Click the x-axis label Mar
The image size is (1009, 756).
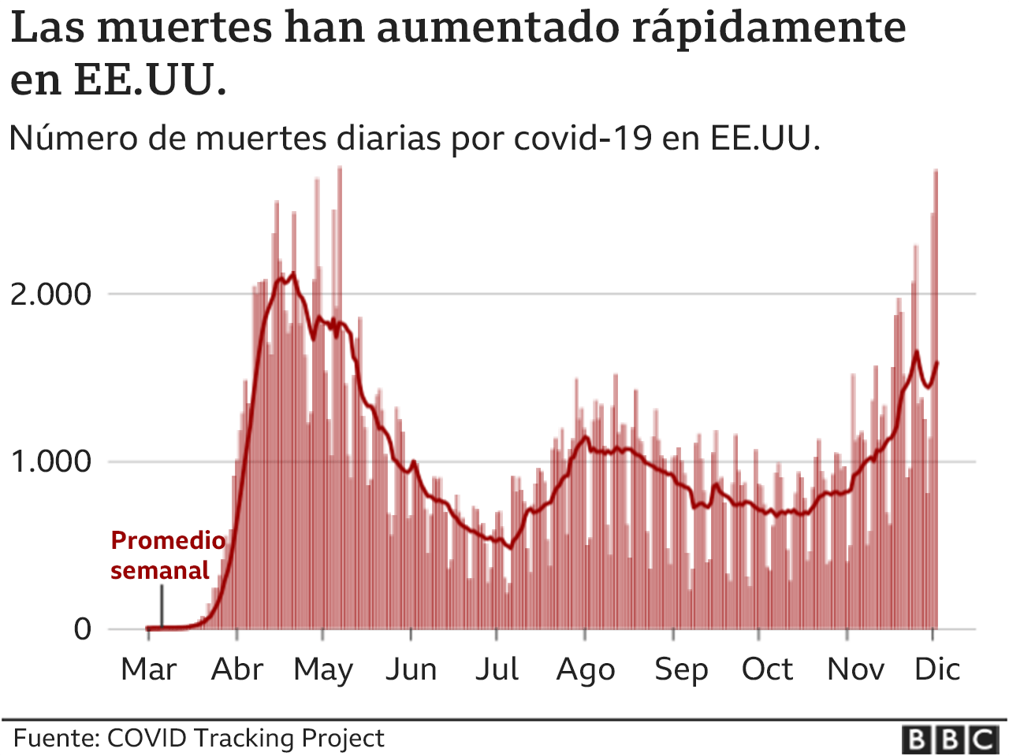(x=149, y=669)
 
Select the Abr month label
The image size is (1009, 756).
(x=237, y=669)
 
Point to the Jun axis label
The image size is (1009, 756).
(x=411, y=669)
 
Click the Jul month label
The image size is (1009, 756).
(x=497, y=669)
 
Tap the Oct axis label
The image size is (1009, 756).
(x=768, y=669)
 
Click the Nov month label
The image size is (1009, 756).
(x=855, y=669)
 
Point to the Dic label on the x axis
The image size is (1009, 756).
(x=937, y=669)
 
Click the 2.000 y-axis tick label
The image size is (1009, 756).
(x=50, y=295)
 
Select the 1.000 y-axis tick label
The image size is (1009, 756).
(x=50, y=461)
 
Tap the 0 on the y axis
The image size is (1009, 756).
(x=83, y=629)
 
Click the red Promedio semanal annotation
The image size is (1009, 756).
(x=167, y=555)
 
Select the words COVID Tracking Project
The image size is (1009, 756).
(x=245, y=739)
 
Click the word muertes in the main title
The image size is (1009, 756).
(x=186, y=28)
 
